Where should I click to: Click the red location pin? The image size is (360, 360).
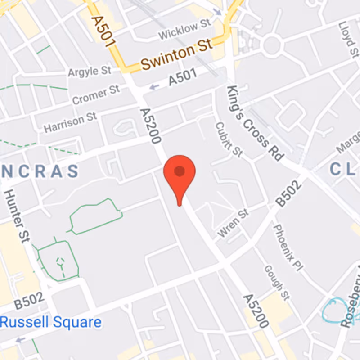180,173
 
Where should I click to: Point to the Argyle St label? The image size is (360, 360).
89,71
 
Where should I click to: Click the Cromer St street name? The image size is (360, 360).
96,95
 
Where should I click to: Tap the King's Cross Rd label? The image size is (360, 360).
255,122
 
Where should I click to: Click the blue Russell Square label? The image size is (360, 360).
50,322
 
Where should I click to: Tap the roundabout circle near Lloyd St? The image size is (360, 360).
272,45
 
